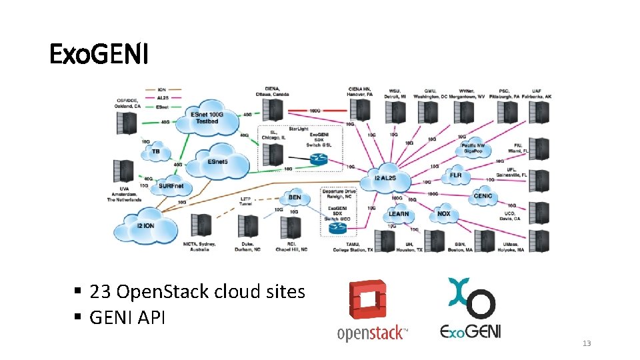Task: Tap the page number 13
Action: point(587,343)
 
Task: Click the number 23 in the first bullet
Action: point(101,292)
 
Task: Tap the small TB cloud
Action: point(156,152)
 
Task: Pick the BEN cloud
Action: point(294,197)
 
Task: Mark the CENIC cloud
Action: point(482,196)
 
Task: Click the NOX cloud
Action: point(443,214)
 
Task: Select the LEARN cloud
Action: point(399,214)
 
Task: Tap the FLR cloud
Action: point(455,175)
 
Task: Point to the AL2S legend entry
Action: point(162,97)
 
